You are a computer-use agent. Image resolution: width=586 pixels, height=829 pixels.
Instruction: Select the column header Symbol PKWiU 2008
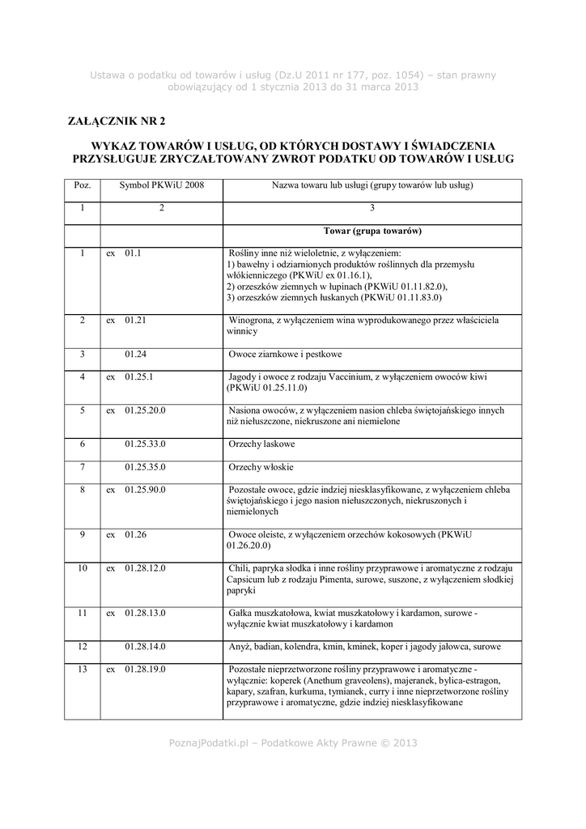[x=162, y=185]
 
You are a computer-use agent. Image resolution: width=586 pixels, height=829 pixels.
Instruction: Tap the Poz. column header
[x=83, y=185]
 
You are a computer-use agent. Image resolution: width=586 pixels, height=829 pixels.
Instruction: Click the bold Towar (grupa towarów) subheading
[x=372, y=231]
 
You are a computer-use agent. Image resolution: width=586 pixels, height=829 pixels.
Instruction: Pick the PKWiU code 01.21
[x=135, y=321]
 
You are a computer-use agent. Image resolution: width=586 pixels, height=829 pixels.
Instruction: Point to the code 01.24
[x=135, y=354]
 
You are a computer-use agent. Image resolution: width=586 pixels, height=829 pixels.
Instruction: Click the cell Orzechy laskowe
[x=261, y=445]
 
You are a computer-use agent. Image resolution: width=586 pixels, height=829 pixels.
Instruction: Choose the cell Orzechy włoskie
[x=261, y=468]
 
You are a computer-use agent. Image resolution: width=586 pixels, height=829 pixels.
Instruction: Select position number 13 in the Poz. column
[x=83, y=670]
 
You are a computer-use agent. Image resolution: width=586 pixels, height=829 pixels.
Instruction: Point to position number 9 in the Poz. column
[x=83, y=534]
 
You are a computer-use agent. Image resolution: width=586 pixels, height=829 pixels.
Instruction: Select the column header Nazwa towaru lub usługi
[x=372, y=185]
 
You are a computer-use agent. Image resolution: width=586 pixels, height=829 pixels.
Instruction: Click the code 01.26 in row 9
[x=135, y=534]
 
